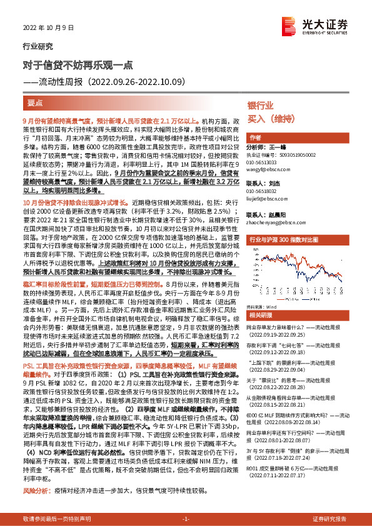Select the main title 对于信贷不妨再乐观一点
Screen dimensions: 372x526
[x=78, y=64]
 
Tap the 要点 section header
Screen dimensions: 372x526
[x=36, y=101]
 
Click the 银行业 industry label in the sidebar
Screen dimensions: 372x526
[x=260, y=106]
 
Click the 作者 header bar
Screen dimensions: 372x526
[x=256, y=137]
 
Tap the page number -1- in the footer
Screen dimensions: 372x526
[x=186, y=519]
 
